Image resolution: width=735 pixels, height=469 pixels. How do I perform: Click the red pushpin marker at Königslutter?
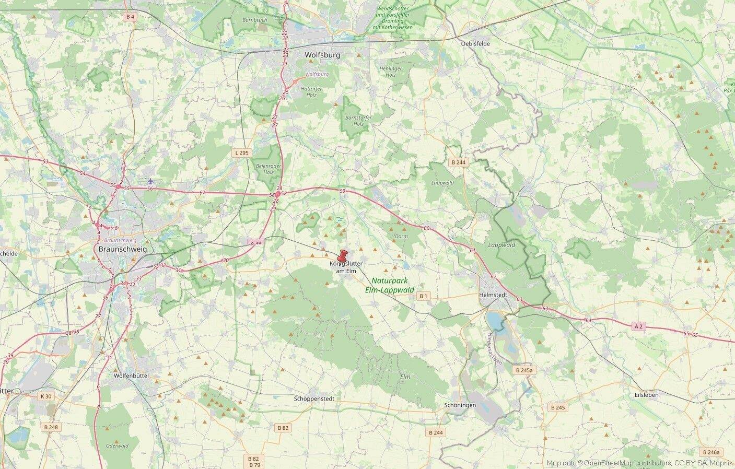pos(343,256)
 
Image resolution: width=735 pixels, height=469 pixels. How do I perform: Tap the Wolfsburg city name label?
pos(322,55)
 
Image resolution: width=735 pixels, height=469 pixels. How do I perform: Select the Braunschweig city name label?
pos(123,249)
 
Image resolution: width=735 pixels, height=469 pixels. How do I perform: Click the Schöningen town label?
pos(460,405)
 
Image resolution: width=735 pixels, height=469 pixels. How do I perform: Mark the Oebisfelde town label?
pos(476,44)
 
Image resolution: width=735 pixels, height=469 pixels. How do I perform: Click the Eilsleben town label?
pos(646,395)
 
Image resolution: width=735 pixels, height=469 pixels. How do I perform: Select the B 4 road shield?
pos(130,17)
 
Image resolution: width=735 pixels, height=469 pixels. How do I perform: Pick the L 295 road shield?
pos(242,153)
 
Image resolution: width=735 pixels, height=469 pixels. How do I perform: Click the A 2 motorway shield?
pos(638,326)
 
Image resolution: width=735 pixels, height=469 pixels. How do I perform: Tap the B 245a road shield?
pos(523,370)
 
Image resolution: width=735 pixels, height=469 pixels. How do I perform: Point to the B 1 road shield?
pos(423,296)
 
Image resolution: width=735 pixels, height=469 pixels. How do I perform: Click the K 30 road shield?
pos(46,396)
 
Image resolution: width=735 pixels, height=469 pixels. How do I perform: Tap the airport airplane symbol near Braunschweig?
pos(150,181)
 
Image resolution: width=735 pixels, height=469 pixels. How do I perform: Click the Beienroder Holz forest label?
pos(265,169)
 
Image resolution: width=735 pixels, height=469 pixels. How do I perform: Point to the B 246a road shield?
pos(711,452)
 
